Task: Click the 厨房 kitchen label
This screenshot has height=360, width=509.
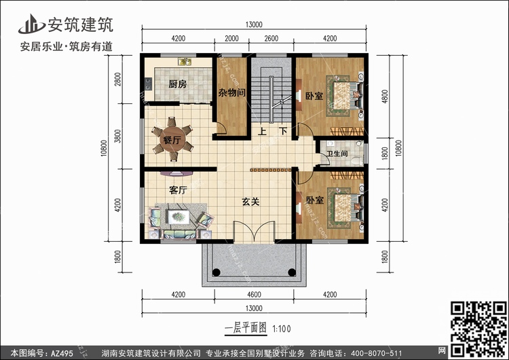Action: click(x=178, y=84)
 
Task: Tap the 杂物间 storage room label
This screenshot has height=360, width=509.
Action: click(x=231, y=93)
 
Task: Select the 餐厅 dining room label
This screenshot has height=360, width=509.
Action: click(x=172, y=141)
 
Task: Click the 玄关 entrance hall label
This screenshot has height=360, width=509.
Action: click(x=252, y=201)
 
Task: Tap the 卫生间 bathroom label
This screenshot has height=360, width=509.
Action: click(x=337, y=154)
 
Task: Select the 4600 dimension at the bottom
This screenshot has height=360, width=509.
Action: click(x=251, y=293)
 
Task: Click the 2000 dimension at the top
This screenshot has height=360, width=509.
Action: click(x=231, y=38)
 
